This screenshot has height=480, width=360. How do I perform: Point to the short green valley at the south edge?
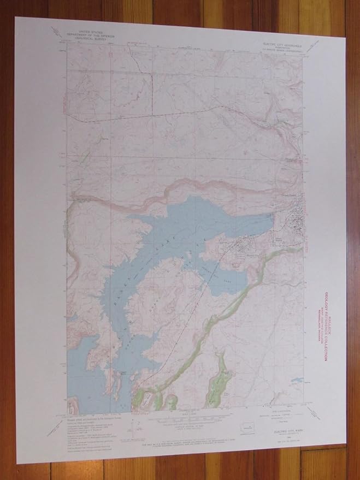pos(222,382)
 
